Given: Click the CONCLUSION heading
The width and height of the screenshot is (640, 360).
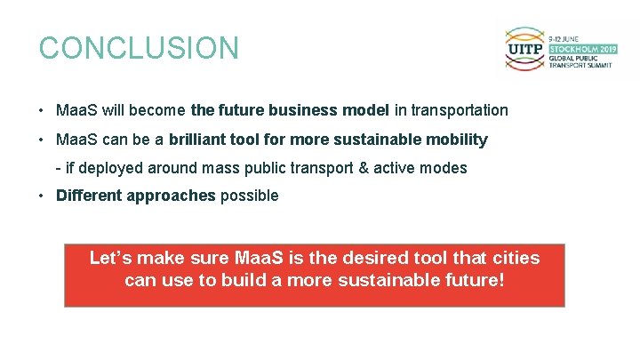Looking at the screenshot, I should [x=139, y=48].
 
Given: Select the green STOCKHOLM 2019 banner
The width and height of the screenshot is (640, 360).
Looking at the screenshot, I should [x=580, y=48].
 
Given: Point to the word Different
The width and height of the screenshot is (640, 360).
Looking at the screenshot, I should [x=89, y=196].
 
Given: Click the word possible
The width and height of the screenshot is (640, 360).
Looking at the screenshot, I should [x=249, y=196].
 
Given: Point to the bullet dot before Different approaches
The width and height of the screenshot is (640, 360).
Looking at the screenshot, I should [x=42, y=196].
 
